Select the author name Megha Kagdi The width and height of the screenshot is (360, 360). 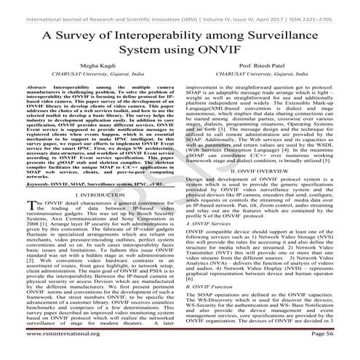coord(92,73)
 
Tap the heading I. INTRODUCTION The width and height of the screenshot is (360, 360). coord(92,194)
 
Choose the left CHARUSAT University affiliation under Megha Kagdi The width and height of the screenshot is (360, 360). coord(92,83)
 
